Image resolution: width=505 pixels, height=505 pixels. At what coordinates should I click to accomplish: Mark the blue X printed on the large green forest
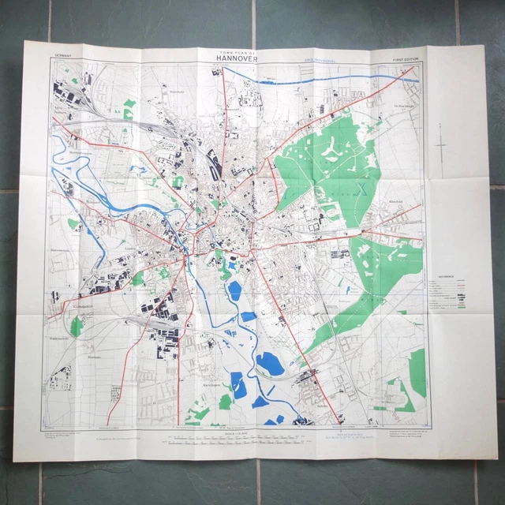(362, 188)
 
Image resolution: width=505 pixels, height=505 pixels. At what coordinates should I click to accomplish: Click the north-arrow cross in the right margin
(446, 147)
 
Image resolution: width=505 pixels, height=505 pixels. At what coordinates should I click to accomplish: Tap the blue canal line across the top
(316, 74)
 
